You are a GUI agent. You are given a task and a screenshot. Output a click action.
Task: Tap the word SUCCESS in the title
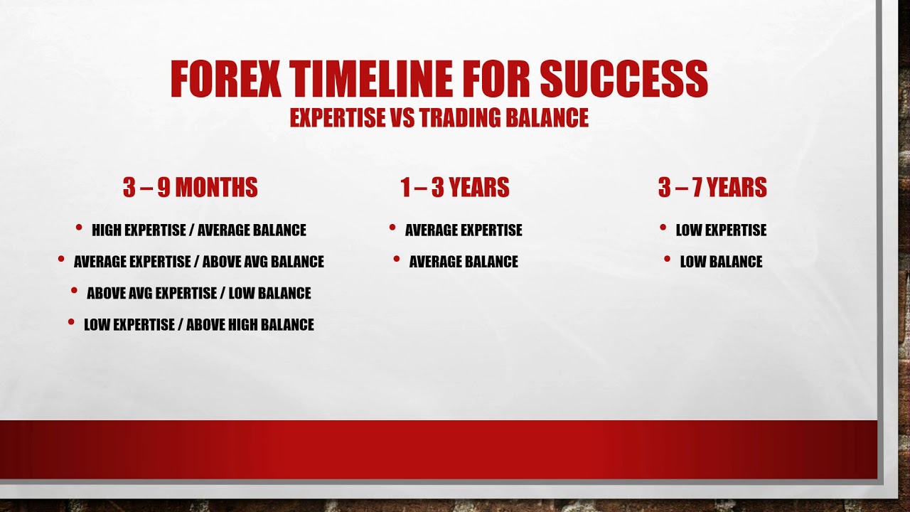[623, 79]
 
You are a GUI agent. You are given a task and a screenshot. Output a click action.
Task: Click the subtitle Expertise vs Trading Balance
[439, 118]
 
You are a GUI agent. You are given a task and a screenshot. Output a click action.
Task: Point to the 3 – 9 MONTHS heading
[190, 188]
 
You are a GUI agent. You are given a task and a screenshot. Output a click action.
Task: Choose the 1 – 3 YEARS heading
[455, 188]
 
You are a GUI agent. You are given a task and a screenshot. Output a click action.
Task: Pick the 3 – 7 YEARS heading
[712, 188]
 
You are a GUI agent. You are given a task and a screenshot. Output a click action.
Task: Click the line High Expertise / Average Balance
[199, 230]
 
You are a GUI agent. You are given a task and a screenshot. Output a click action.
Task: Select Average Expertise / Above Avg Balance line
[199, 262]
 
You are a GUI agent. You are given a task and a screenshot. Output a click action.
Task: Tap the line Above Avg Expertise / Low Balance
[199, 293]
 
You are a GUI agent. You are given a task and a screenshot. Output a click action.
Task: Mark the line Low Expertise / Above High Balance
[199, 325]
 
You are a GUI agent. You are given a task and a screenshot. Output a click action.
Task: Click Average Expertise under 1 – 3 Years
[464, 230]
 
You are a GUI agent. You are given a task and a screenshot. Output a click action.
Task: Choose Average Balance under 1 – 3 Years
[464, 262]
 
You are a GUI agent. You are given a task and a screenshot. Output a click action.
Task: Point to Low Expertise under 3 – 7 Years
[721, 230]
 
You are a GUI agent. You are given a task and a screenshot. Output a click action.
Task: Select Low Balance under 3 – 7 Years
[721, 262]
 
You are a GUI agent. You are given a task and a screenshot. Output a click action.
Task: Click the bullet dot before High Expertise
[79, 228]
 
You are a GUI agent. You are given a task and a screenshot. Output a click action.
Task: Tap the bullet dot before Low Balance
[667, 259]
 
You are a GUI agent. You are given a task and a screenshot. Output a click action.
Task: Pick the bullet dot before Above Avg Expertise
[74, 290]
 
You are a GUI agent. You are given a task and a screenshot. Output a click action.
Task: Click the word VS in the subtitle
[403, 118]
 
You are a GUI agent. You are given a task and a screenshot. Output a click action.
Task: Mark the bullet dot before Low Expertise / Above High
[71, 322]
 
